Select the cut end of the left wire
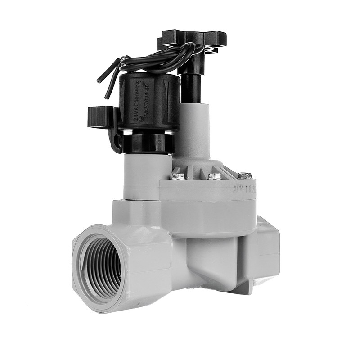point(99,81)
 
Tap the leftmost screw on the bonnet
point(178,175)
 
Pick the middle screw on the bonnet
point(215,175)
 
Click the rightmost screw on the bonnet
point(245,175)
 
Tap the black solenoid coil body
point(148,103)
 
